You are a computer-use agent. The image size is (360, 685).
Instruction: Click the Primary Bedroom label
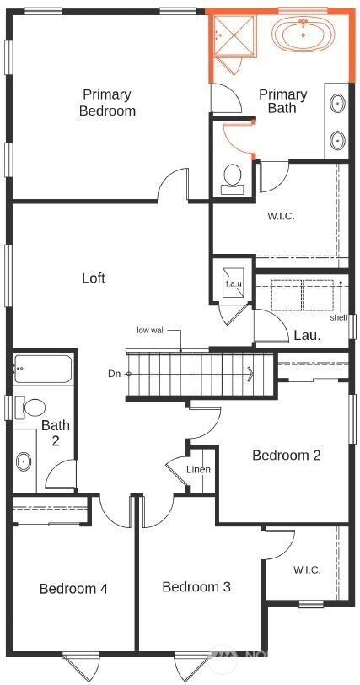[x=107, y=103]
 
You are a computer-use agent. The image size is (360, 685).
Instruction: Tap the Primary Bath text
[x=282, y=101]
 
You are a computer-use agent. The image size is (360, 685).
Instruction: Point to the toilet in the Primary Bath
[x=232, y=177]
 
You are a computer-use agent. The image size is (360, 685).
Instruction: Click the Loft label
[x=94, y=278]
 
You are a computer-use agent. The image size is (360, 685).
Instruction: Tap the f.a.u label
[x=233, y=284]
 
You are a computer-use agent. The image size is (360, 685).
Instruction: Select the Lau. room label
[x=306, y=335]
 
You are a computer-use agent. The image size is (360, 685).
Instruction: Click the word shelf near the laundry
[x=339, y=318]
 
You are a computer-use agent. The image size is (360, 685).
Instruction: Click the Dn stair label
[x=114, y=373]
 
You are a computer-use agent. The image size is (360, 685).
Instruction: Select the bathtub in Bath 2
[x=42, y=369]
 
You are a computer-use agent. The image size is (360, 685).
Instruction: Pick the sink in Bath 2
[x=24, y=461]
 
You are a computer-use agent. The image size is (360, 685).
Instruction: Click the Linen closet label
[x=199, y=470]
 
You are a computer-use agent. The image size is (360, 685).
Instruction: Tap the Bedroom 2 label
[x=287, y=456]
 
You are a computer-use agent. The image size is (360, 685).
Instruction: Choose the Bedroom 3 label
[x=196, y=586]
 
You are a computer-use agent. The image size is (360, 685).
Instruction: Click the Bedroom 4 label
[x=73, y=589]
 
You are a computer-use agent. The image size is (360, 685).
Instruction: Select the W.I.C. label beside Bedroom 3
[x=307, y=570]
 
